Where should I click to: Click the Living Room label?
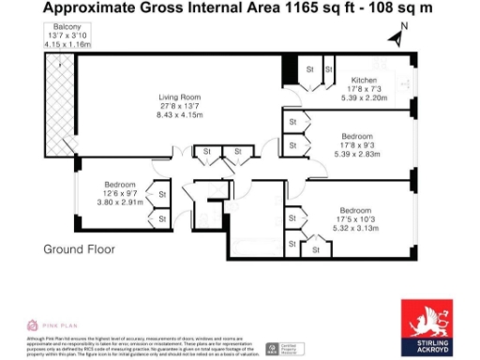(x=179, y=97)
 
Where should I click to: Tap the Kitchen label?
(x=364, y=80)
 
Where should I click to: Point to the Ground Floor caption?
(x=79, y=249)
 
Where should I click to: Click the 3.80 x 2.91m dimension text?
(x=122, y=201)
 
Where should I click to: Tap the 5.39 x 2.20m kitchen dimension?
(x=364, y=97)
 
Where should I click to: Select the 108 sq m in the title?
(x=418, y=8)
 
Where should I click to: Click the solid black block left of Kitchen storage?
(x=291, y=68)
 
